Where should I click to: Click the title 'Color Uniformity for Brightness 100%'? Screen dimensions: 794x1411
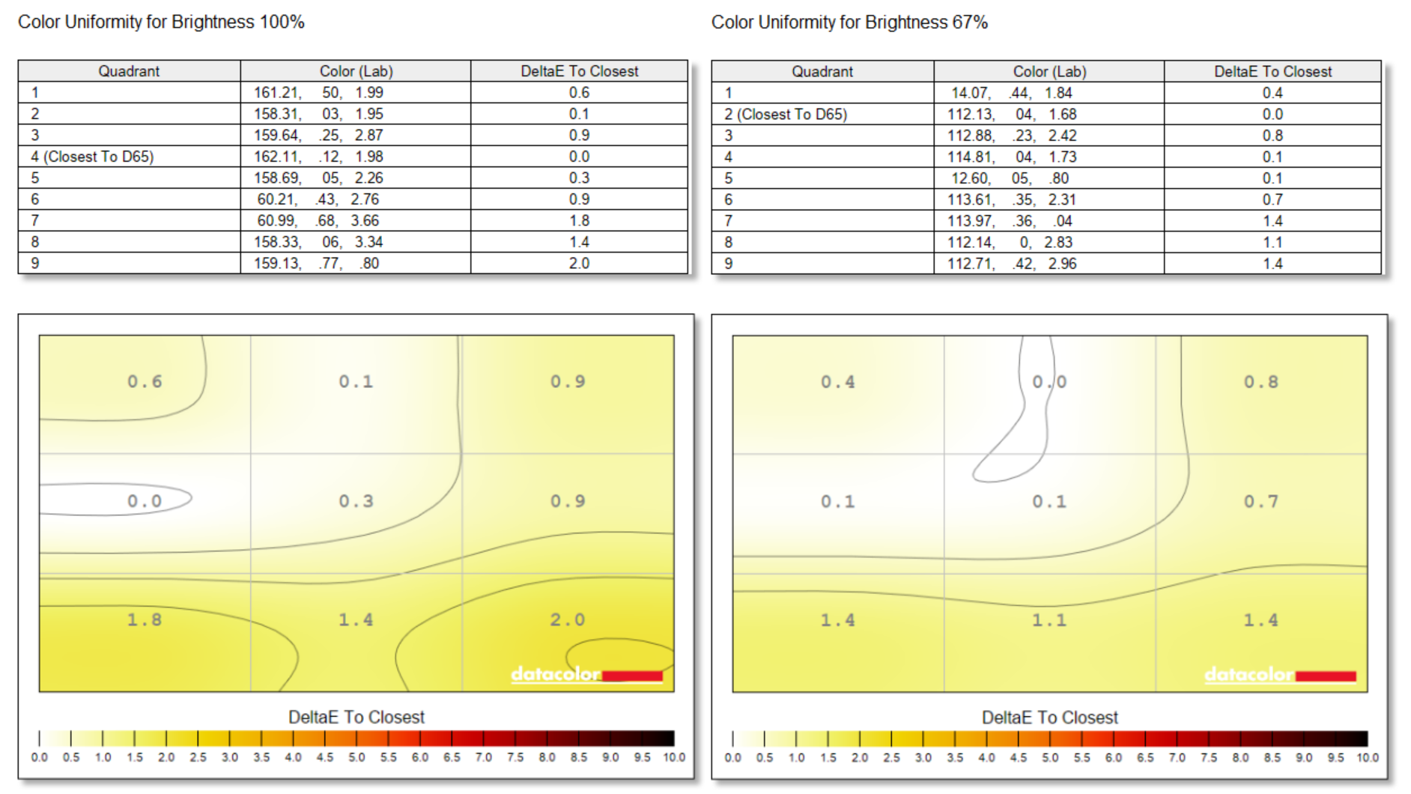[x=161, y=22]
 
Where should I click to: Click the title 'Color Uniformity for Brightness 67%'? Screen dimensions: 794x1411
[x=849, y=22]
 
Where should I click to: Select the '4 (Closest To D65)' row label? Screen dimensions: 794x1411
[x=92, y=157]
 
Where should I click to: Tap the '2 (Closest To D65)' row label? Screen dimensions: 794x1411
[x=786, y=115]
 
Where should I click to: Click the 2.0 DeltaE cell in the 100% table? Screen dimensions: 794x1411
[x=579, y=264]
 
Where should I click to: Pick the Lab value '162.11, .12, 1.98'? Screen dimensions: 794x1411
[x=318, y=157]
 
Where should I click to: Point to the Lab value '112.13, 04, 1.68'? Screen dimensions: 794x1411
[x=1012, y=115]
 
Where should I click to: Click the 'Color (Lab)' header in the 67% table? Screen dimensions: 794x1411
[x=1049, y=72]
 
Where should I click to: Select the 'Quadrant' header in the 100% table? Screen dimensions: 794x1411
[x=129, y=71]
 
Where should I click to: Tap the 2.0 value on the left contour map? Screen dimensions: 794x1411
[x=567, y=620]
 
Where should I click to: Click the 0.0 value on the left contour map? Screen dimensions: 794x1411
[x=144, y=501]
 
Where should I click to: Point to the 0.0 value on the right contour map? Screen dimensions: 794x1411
[x=1049, y=382]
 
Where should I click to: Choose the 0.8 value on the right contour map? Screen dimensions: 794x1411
[x=1261, y=382]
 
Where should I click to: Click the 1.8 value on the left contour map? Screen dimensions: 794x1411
[x=144, y=620]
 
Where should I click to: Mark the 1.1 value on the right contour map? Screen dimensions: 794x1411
[x=1049, y=620]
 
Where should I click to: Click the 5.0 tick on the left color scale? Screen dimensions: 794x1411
[x=356, y=757]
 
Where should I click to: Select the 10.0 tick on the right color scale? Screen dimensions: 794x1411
[x=1368, y=757]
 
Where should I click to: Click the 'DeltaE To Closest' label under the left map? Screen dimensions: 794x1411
[x=356, y=718]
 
